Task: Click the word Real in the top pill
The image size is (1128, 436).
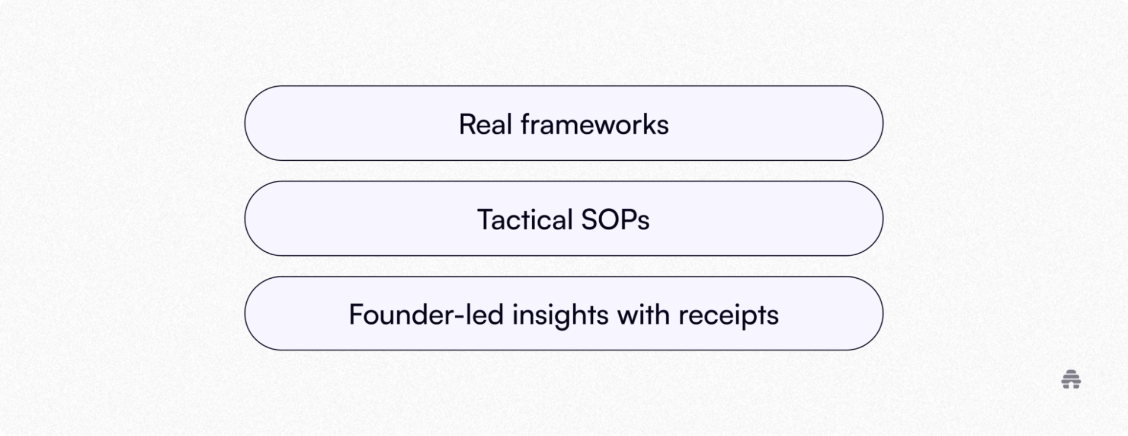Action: (485, 124)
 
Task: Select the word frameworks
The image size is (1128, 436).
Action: (595, 124)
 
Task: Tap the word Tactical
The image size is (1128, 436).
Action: (525, 219)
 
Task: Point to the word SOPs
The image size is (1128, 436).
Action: (615, 219)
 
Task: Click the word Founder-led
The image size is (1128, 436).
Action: (426, 315)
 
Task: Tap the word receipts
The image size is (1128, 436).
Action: (728, 316)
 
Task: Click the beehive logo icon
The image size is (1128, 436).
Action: (1072, 380)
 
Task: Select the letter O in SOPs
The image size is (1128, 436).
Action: (611, 219)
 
